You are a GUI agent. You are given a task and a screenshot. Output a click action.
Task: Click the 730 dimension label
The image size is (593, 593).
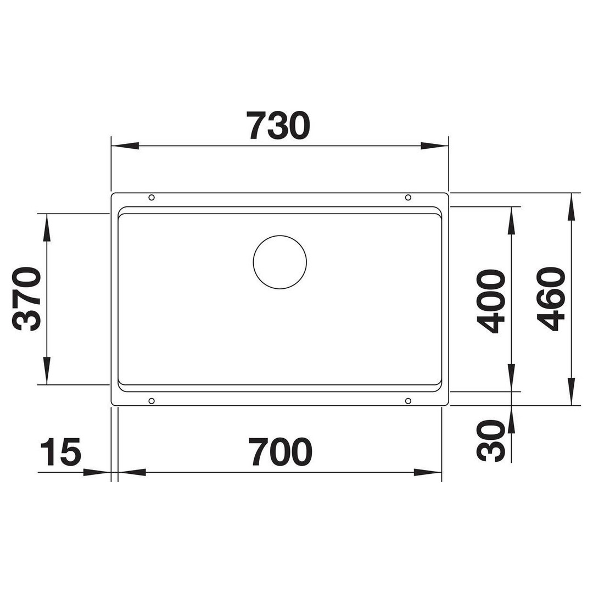pos(278,126)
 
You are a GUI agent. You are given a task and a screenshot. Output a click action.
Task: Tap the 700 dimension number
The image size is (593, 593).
pos(280,451)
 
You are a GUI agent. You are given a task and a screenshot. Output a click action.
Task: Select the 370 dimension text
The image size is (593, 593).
pos(26,299)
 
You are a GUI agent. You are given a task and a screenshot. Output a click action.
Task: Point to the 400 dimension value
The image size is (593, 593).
pos(491,301)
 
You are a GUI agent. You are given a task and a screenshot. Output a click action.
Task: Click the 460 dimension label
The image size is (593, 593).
pos(551,299)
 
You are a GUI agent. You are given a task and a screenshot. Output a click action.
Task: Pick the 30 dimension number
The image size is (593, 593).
pos(491,440)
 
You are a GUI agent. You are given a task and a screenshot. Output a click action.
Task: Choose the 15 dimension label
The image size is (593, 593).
pos(60,451)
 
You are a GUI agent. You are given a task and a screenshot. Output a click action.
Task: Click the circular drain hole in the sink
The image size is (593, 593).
pos(280,262)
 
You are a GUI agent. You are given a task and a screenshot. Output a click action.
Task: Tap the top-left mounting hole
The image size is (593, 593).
pos(152,198)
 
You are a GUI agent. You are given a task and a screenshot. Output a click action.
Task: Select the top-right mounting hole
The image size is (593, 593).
pos(408,198)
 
